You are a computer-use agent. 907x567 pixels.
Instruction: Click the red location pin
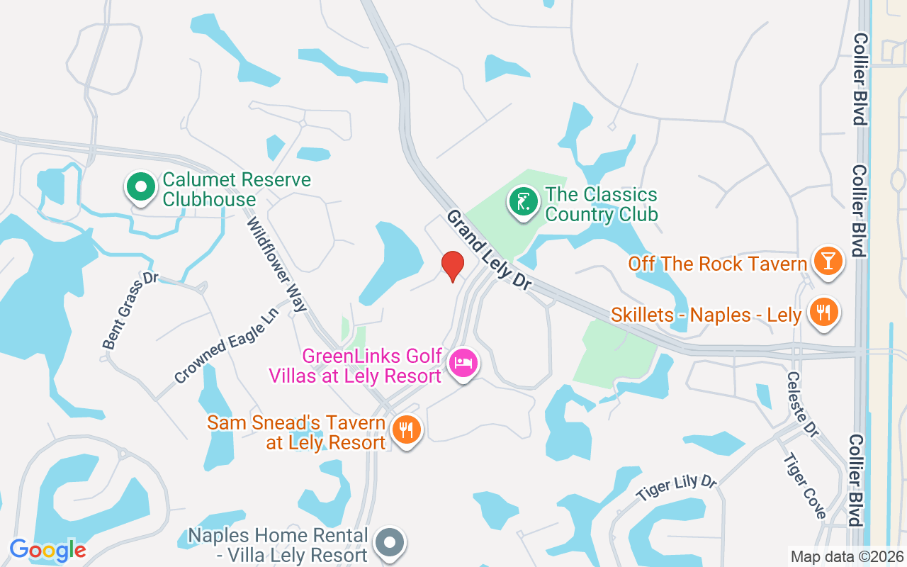452,266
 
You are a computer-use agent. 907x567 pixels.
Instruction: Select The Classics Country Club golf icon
523,203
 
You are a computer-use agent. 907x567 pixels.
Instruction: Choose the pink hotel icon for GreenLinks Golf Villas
463,364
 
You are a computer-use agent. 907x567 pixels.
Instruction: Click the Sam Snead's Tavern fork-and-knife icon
406,430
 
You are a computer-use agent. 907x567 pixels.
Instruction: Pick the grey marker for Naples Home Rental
388,543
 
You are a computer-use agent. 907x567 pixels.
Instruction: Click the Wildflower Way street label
277,264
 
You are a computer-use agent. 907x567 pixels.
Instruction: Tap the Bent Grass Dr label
130,312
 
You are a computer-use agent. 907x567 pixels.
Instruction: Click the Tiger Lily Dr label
676,489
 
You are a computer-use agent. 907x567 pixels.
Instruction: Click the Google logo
47,550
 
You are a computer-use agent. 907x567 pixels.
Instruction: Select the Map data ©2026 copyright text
846,556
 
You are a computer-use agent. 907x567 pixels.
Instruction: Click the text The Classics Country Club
602,204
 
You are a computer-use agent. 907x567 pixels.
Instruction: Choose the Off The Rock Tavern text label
718,264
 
